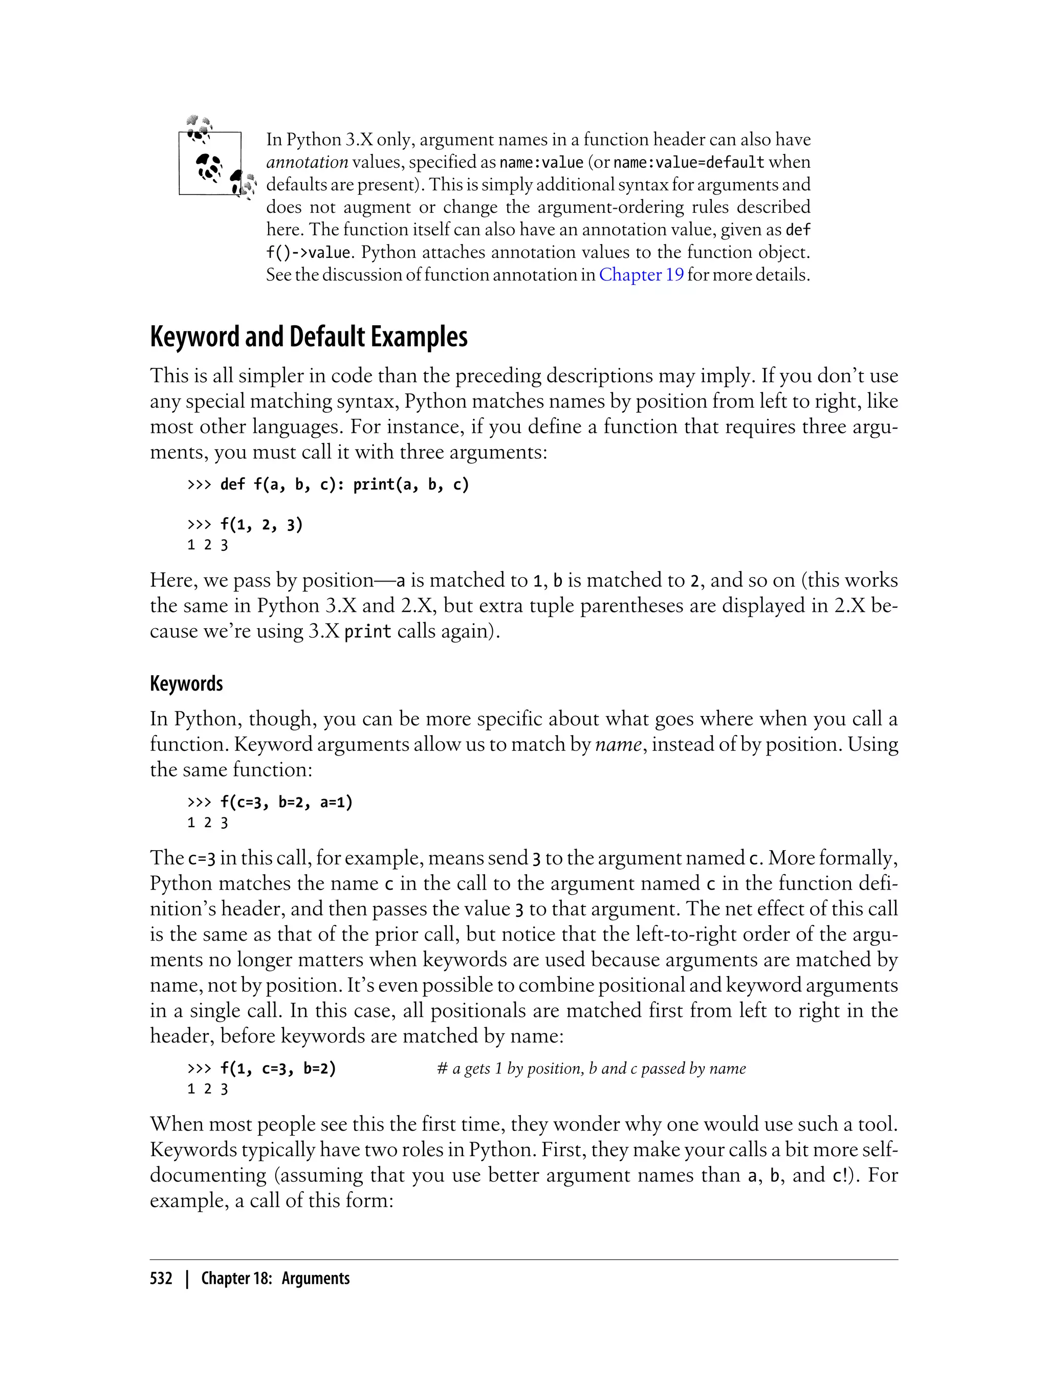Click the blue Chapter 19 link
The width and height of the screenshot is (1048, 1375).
pos(641,275)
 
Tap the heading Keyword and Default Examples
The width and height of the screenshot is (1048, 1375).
pos(309,338)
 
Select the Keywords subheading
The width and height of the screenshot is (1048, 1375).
pos(186,684)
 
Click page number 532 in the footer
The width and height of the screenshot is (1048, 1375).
pos(161,1278)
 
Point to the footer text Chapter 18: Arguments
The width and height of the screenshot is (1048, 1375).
pos(275,1278)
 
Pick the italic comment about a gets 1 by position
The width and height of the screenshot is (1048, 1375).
pos(592,1069)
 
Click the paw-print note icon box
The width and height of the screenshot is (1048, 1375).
pos(210,163)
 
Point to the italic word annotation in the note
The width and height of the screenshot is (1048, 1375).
pos(307,162)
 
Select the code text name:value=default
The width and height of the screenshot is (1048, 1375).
pos(689,162)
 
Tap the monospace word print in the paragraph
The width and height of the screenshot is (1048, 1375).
pos(367,632)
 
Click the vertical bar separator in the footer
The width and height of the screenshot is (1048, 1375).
pos(186,1278)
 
